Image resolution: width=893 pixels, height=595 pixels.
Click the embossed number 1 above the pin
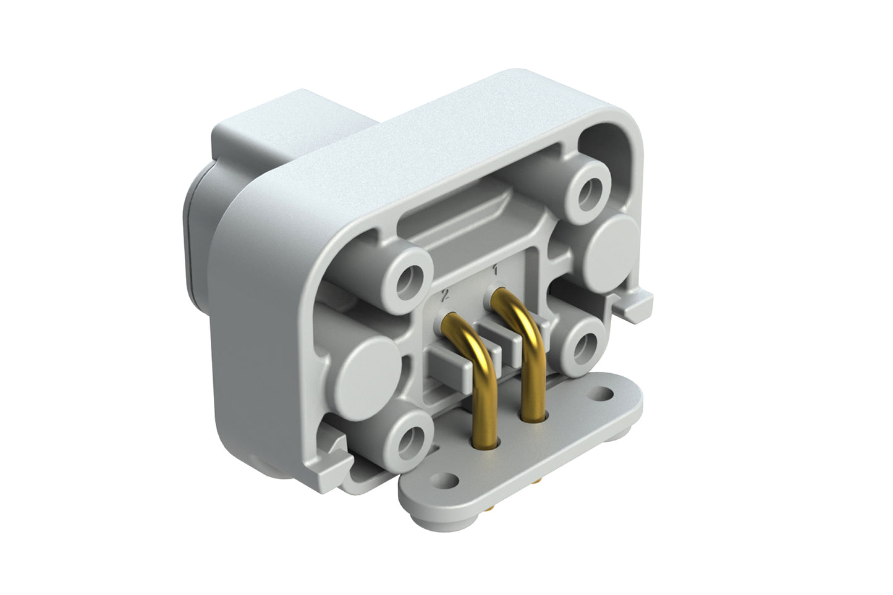tap(495, 270)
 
